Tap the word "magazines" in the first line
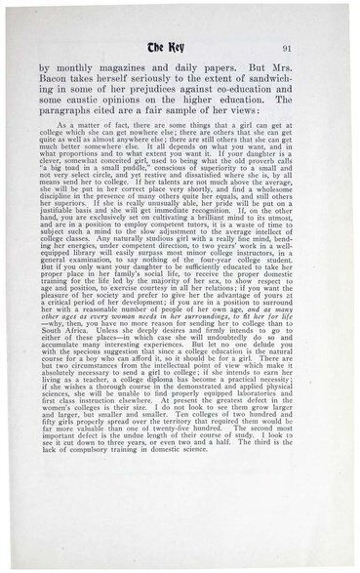tap(131, 69)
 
